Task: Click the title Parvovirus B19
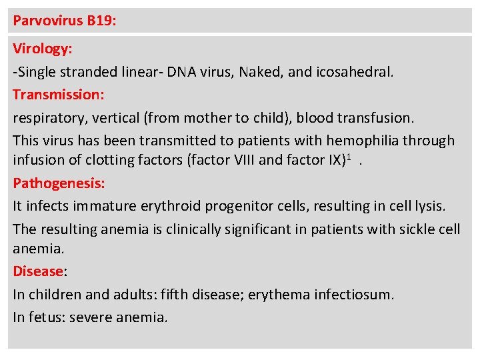65,21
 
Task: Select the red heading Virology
43,49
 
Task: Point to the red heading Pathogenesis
59,182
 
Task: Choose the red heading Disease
38,271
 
